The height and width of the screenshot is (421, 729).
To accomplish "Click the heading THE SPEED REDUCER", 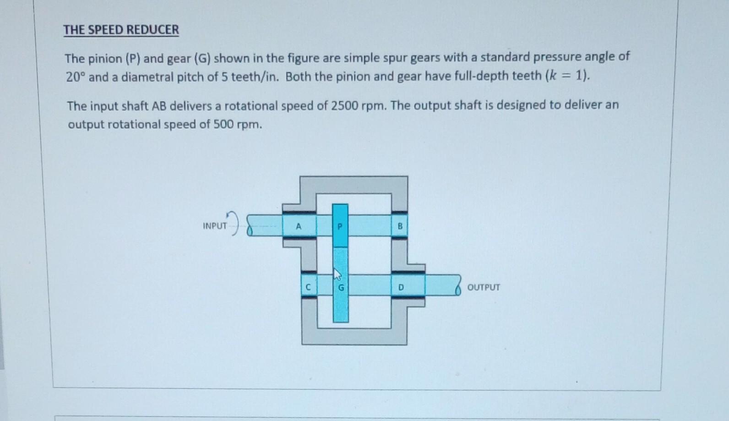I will click(121, 30).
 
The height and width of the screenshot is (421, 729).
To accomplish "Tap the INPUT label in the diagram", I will click(215, 226).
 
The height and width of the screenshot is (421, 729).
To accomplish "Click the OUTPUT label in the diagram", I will click(484, 287).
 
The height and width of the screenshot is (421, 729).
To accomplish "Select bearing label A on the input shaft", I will click(299, 226).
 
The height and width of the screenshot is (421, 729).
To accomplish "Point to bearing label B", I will click(400, 226).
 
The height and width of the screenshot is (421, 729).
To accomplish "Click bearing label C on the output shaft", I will click(308, 288).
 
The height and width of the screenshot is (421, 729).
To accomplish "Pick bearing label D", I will click(401, 288).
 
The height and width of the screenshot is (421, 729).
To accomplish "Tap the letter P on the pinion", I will click(340, 226).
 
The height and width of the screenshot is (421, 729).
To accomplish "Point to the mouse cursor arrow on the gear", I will click(337, 274).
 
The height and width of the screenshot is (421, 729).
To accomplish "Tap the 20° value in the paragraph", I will click(76, 77).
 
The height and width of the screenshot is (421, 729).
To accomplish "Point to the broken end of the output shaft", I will click(457, 286).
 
